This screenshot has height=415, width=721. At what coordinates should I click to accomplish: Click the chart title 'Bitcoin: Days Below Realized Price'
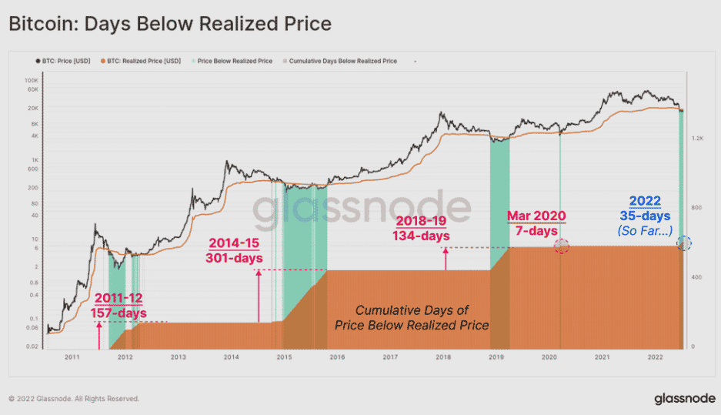(169, 24)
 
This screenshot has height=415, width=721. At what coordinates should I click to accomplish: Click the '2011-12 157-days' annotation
(118, 305)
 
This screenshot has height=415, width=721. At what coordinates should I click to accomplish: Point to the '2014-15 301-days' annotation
(235, 251)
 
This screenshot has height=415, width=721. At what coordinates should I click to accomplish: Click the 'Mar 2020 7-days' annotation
(536, 223)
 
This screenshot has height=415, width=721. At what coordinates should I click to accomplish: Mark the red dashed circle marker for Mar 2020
(562, 246)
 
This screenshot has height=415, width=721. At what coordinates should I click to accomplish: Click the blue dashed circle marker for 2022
(684, 243)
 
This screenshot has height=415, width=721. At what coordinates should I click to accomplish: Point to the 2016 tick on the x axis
(337, 357)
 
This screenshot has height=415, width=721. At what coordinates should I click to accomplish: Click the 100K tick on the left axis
(32, 80)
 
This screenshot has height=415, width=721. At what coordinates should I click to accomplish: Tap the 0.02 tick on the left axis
(32, 346)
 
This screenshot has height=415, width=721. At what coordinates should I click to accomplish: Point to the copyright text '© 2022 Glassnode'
(74, 399)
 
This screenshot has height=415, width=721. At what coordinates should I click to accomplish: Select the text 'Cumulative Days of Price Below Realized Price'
(412, 317)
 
